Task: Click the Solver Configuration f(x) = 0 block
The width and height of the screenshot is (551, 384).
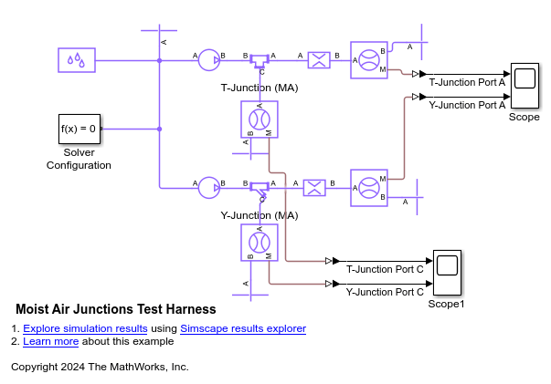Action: tap(79, 129)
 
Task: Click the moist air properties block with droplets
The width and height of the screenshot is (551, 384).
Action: tap(78, 60)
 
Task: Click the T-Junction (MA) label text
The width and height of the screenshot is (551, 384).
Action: tap(260, 88)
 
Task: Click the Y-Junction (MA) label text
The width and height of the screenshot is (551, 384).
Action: tap(260, 215)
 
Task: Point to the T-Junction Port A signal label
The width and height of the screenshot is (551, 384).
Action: tap(467, 82)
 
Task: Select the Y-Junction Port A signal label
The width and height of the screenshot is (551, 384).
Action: tap(467, 105)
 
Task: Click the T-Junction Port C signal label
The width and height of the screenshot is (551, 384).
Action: tap(385, 270)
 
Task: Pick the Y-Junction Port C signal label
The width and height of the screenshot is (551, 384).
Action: tap(385, 292)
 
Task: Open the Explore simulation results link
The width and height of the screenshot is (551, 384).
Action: tap(85, 328)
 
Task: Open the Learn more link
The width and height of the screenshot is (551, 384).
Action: tap(50, 341)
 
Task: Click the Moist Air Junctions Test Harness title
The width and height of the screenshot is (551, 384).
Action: tap(116, 309)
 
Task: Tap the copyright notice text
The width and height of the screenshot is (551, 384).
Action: tap(100, 367)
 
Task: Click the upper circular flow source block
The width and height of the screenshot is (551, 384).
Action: tap(209, 60)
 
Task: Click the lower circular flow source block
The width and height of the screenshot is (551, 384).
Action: tap(209, 187)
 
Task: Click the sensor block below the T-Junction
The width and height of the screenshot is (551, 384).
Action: tap(260, 119)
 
